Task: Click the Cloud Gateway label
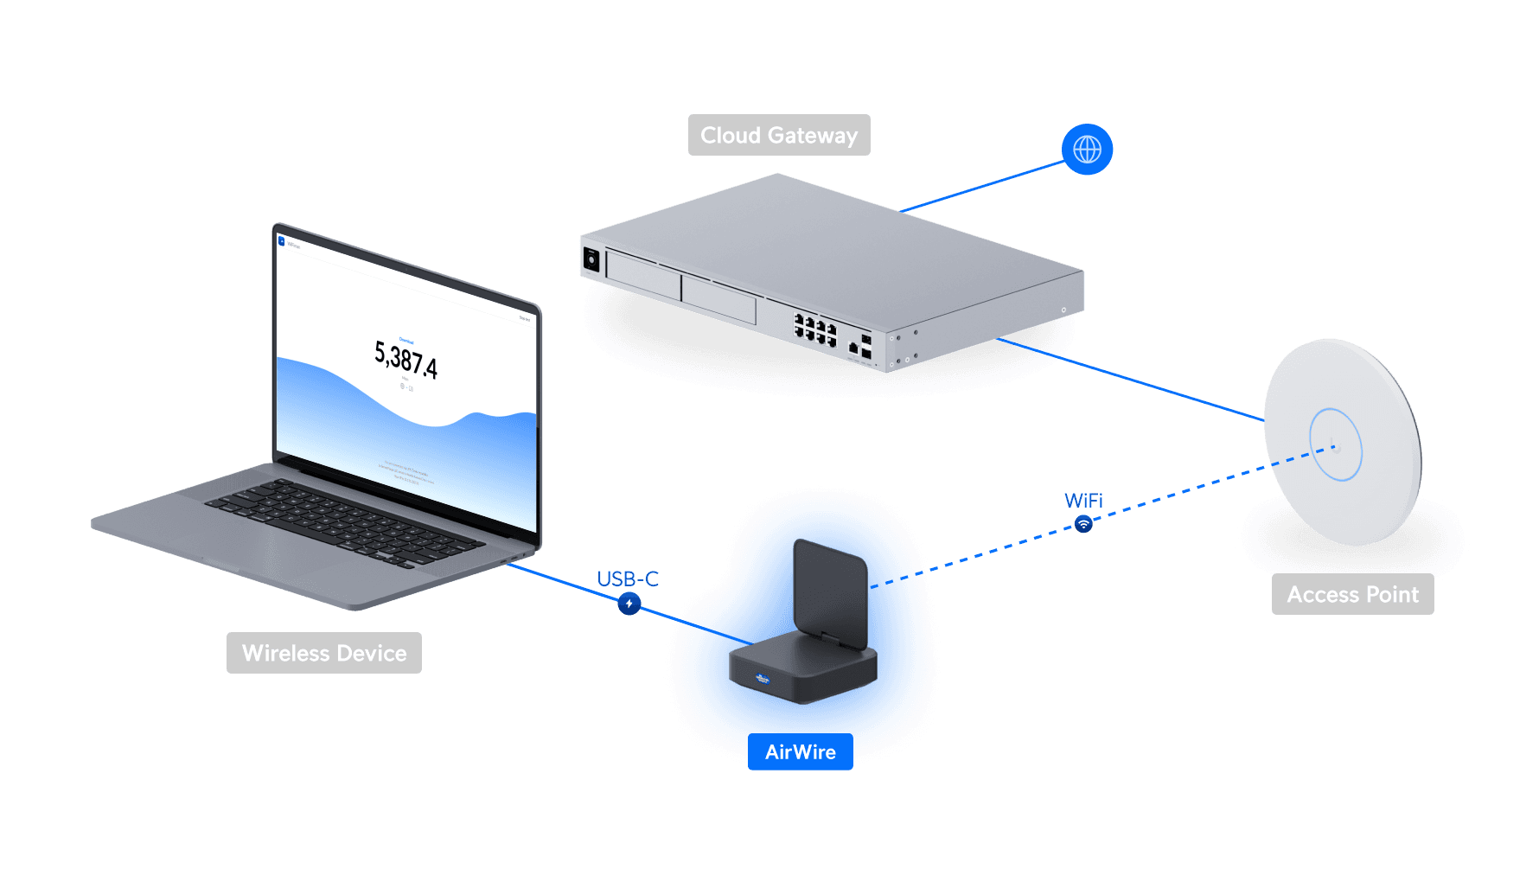click(778, 135)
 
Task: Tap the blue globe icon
click(1087, 150)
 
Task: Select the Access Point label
click(1352, 594)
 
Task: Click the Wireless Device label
click(323, 653)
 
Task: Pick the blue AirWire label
click(800, 752)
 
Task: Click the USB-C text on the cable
click(628, 578)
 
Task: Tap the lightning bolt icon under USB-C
click(629, 604)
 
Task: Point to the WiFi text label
click(1083, 501)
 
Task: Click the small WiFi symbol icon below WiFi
click(1083, 524)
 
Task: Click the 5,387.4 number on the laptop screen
click(406, 360)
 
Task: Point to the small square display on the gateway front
click(592, 259)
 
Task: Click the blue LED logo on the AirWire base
click(762, 678)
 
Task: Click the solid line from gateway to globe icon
click(981, 186)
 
